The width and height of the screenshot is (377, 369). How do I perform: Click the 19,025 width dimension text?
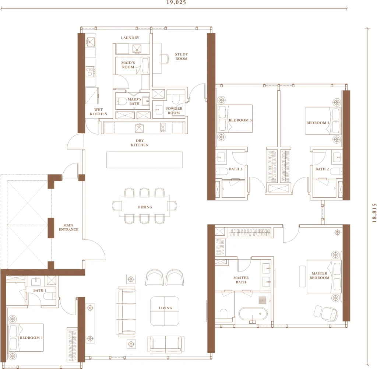176,3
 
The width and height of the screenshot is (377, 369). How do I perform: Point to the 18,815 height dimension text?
374,213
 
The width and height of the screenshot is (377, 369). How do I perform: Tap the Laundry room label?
130,38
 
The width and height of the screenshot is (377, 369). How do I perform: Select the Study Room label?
181,56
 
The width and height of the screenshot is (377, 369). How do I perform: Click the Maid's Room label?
128,65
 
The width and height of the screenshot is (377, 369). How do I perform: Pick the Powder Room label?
174,110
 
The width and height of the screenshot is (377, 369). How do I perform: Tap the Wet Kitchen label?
99,112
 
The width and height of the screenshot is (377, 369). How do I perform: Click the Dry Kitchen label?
140,143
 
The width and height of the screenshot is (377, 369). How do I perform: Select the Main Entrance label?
68,227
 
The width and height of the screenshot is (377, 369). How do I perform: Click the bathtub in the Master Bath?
253,314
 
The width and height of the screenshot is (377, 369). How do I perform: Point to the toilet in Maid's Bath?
121,101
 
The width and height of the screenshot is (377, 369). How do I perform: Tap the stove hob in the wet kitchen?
91,71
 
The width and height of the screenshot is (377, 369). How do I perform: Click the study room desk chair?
165,59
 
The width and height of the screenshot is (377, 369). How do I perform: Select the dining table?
144,205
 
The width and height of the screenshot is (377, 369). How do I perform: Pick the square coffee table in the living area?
165,311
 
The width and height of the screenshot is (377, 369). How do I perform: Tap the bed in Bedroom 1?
26,337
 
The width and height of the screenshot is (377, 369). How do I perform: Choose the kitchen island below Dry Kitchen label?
144,160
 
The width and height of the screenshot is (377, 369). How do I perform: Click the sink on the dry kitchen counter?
139,128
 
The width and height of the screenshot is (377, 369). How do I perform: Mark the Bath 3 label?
236,169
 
